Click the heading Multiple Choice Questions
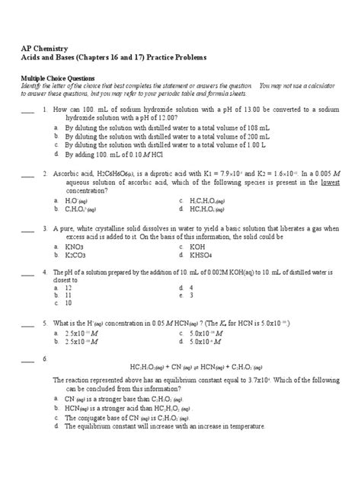(x=57, y=78)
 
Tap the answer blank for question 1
(x=27, y=110)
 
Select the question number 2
(x=46, y=174)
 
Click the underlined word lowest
(x=329, y=183)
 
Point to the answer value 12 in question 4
(x=69, y=288)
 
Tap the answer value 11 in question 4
(x=68, y=295)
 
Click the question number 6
(x=46, y=358)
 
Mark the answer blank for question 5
(x=27, y=323)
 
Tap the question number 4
(x=46, y=272)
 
